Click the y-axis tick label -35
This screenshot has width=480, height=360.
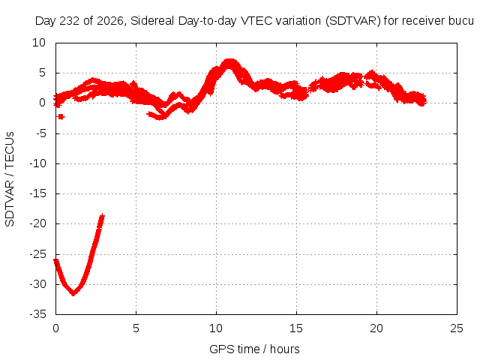[x=38, y=314]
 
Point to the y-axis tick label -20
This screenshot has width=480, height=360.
[x=38, y=223]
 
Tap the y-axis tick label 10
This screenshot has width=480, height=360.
[x=39, y=43]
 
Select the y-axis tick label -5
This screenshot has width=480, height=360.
[x=40, y=133]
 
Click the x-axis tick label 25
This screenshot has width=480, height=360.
[x=457, y=328]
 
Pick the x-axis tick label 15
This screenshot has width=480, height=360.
[x=296, y=328]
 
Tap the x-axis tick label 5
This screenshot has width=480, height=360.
[x=136, y=328]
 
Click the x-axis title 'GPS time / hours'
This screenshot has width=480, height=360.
[x=254, y=349]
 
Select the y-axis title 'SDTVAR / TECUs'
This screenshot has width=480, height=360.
[x=10, y=179]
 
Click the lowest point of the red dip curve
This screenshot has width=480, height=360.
[x=73, y=294]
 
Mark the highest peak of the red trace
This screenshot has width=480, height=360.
[x=229, y=61]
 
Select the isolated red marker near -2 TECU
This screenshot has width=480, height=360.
[x=61, y=117]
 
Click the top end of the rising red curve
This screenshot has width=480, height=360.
[x=102, y=215]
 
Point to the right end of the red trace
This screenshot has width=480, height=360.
[x=424, y=100]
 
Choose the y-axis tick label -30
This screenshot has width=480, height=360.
[x=38, y=284]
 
